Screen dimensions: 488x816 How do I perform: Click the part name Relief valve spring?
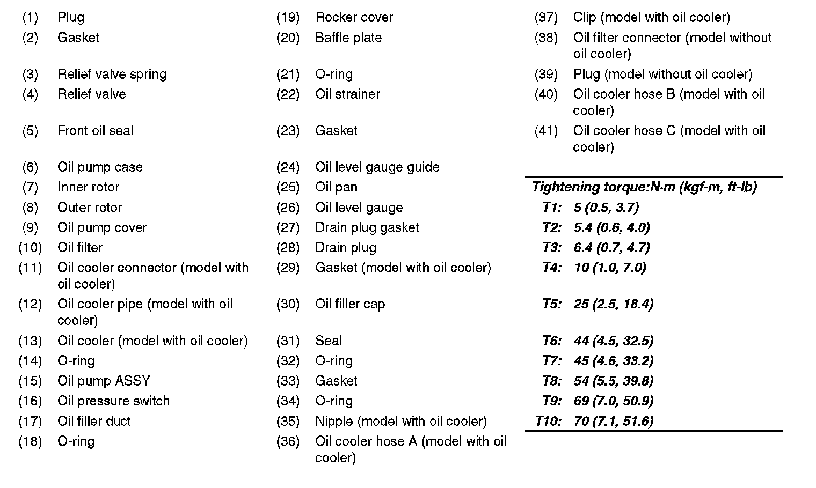(112, 74)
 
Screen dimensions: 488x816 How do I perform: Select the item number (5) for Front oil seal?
(30, 131)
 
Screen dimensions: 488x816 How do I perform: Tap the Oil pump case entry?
(100, 167)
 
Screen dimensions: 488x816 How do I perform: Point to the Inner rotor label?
(88, 187)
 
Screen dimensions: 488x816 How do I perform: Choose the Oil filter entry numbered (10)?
(80, 248)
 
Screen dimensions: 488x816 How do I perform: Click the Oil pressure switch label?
(113, 401)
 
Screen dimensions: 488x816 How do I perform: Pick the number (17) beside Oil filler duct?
(30, 422)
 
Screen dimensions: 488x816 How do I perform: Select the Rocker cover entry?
(354, 18)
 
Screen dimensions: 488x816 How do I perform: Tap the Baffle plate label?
(348, 38)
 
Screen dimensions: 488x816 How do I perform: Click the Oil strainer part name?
(347, 94)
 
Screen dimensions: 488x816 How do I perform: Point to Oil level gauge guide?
(377, 167)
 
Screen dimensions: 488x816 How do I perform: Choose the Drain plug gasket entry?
(367, 228)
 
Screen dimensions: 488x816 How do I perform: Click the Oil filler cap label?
(349, 305)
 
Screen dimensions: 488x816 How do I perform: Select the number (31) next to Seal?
(288, 341)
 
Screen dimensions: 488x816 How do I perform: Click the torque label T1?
(552, 208)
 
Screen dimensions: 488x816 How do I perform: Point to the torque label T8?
(552, 381)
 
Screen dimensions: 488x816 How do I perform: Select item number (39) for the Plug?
(546, 75)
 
